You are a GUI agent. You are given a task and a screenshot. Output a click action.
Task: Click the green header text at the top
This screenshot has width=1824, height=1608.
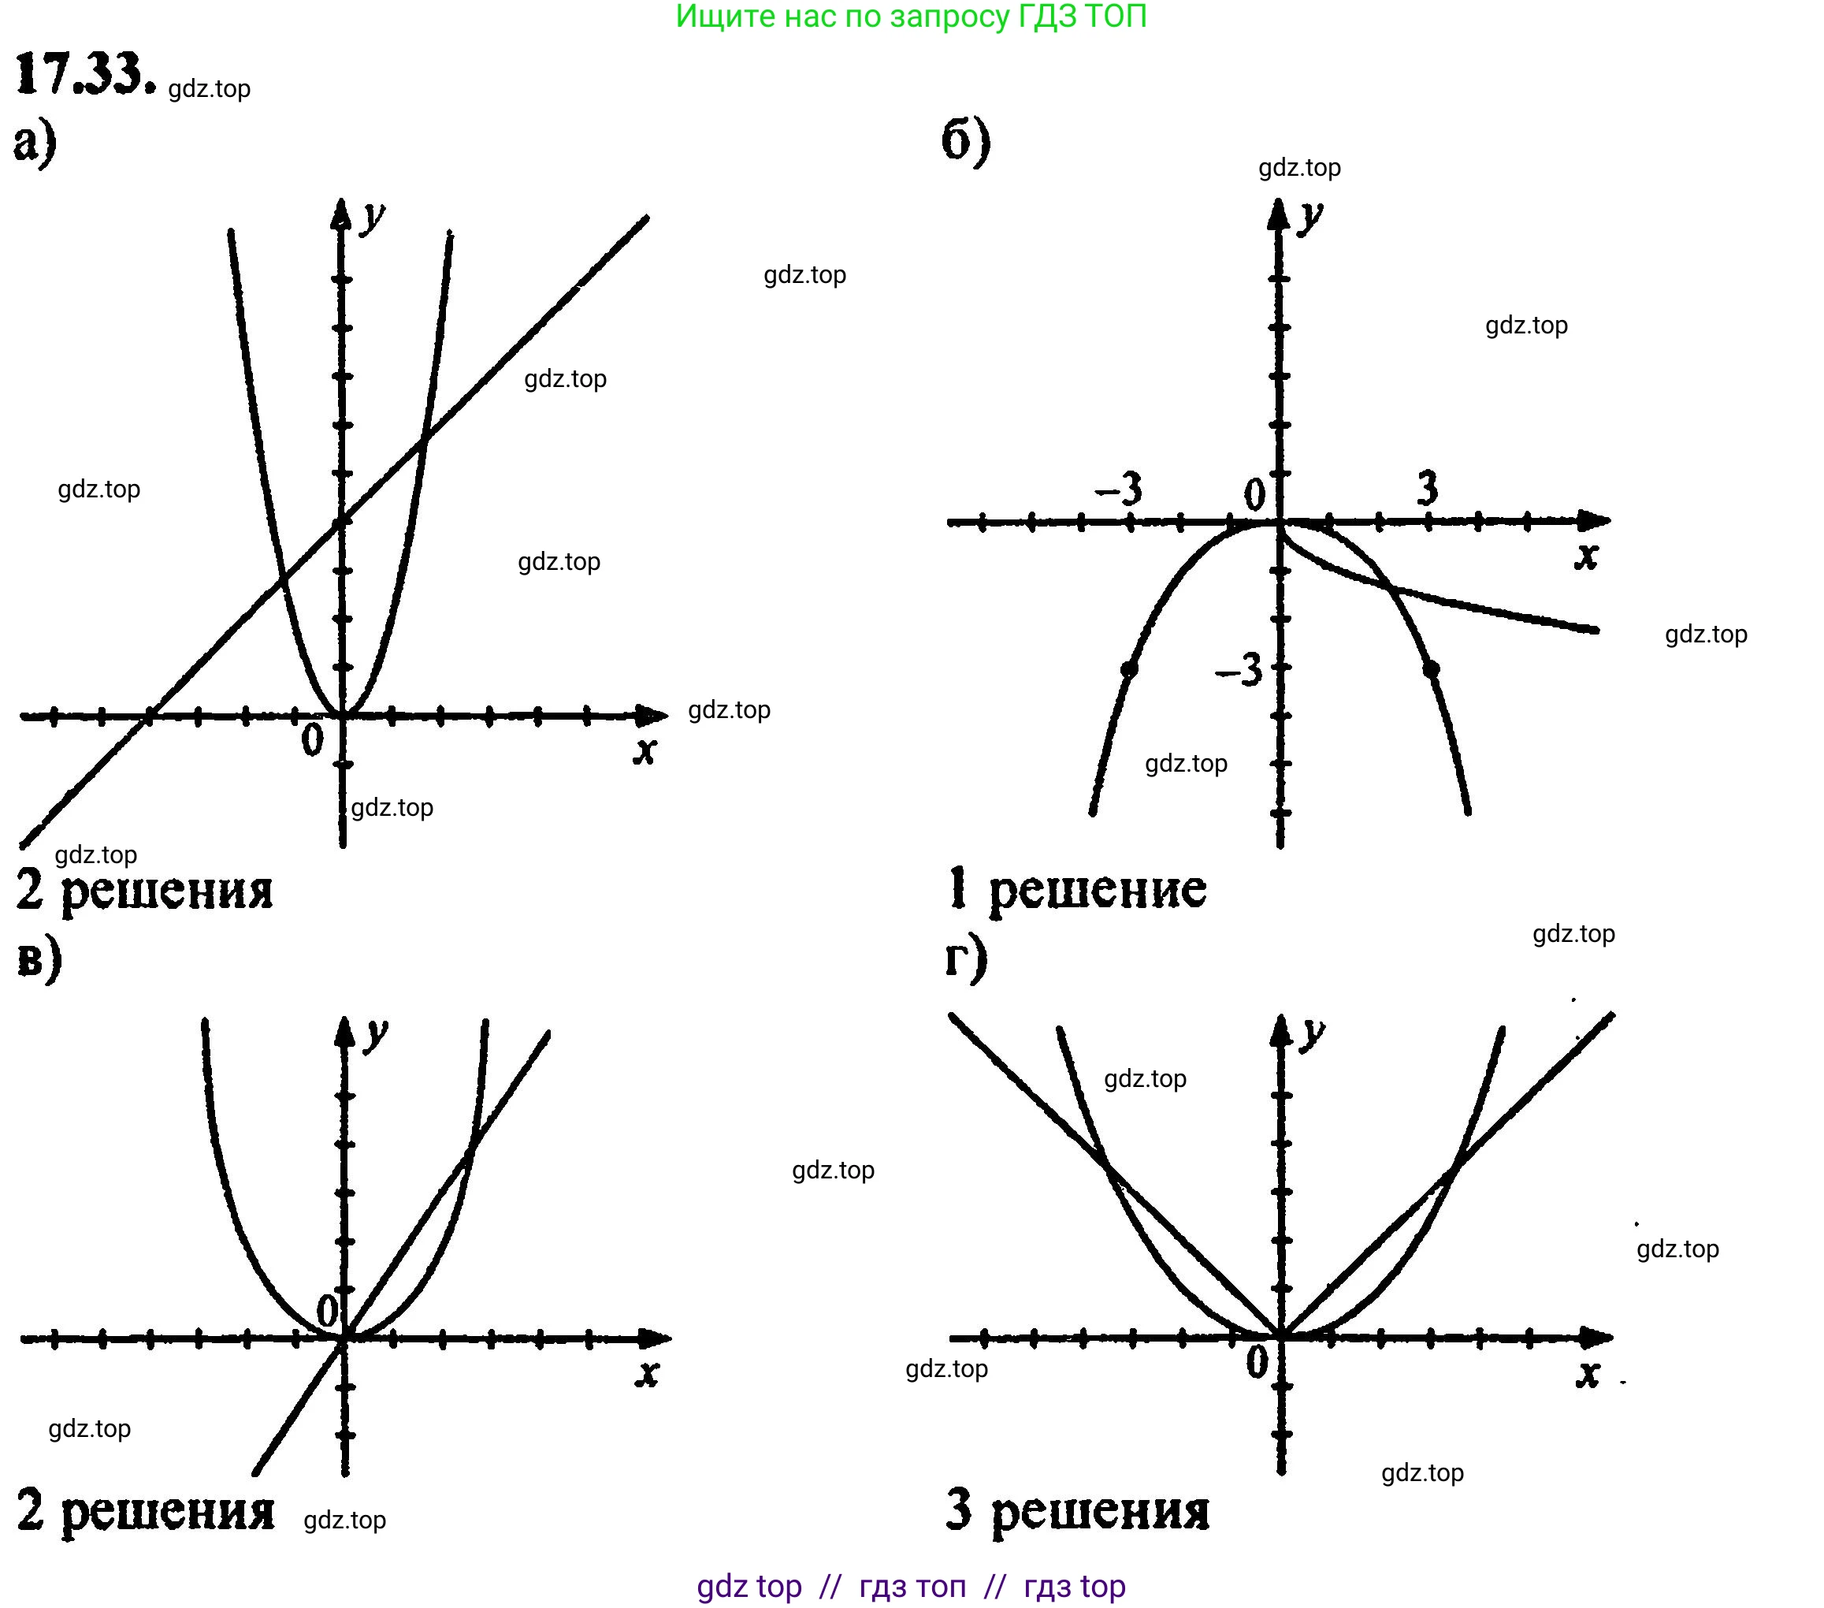(910, 17)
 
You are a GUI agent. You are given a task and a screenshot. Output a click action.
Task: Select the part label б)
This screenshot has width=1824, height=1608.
(965, 141)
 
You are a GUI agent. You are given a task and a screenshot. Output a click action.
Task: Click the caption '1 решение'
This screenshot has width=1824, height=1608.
(1077, 889)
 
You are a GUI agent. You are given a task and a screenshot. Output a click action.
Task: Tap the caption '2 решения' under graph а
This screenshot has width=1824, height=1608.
(144, 890)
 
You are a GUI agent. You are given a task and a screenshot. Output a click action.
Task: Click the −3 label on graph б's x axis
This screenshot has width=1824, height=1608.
(1119, 489)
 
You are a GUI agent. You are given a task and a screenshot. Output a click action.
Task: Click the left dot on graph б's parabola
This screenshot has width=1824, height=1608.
(1129, 668)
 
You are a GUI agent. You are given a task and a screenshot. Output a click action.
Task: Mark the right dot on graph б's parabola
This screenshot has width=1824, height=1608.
(1431, 668)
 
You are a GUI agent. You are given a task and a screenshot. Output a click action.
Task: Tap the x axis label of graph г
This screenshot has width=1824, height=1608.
(1587, 1373)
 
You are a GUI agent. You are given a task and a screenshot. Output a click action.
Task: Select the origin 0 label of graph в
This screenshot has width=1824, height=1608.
(328, 1312)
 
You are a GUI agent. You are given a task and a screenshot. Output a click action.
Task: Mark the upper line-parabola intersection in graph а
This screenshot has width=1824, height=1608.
(425, 437)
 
